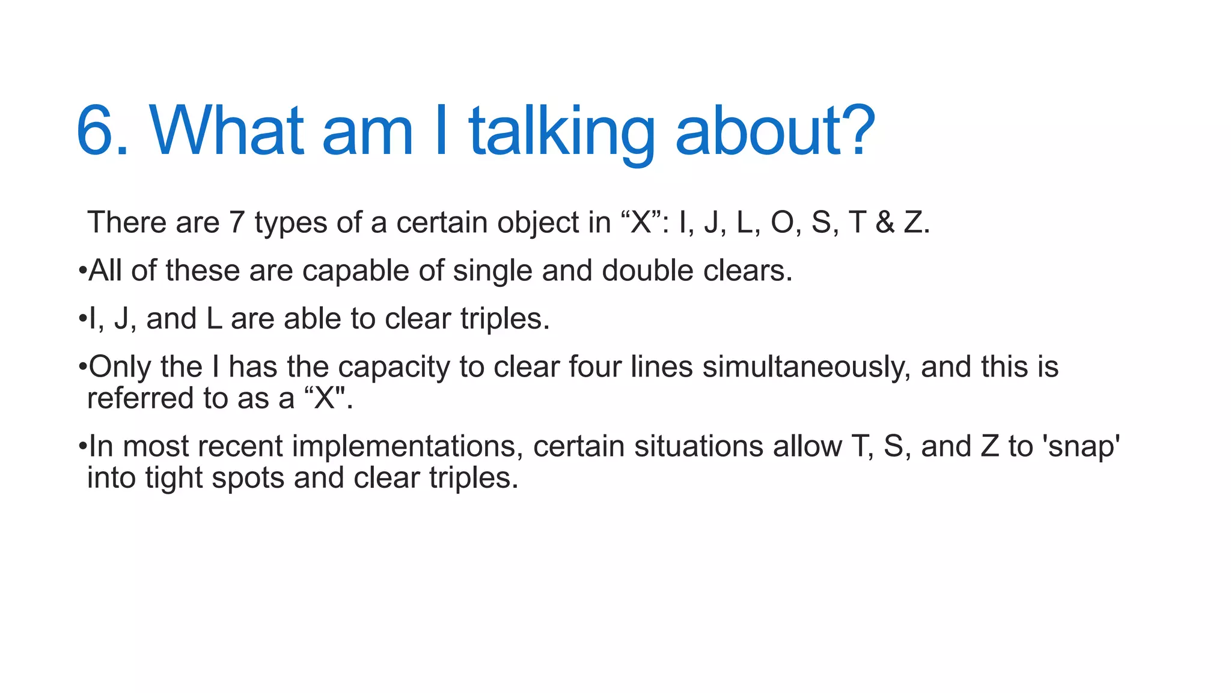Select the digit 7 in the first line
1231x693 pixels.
coord(236,223)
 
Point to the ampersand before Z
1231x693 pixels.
coord(884,223)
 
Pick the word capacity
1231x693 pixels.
coord(394,367)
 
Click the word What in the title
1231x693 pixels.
coord(226,131)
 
